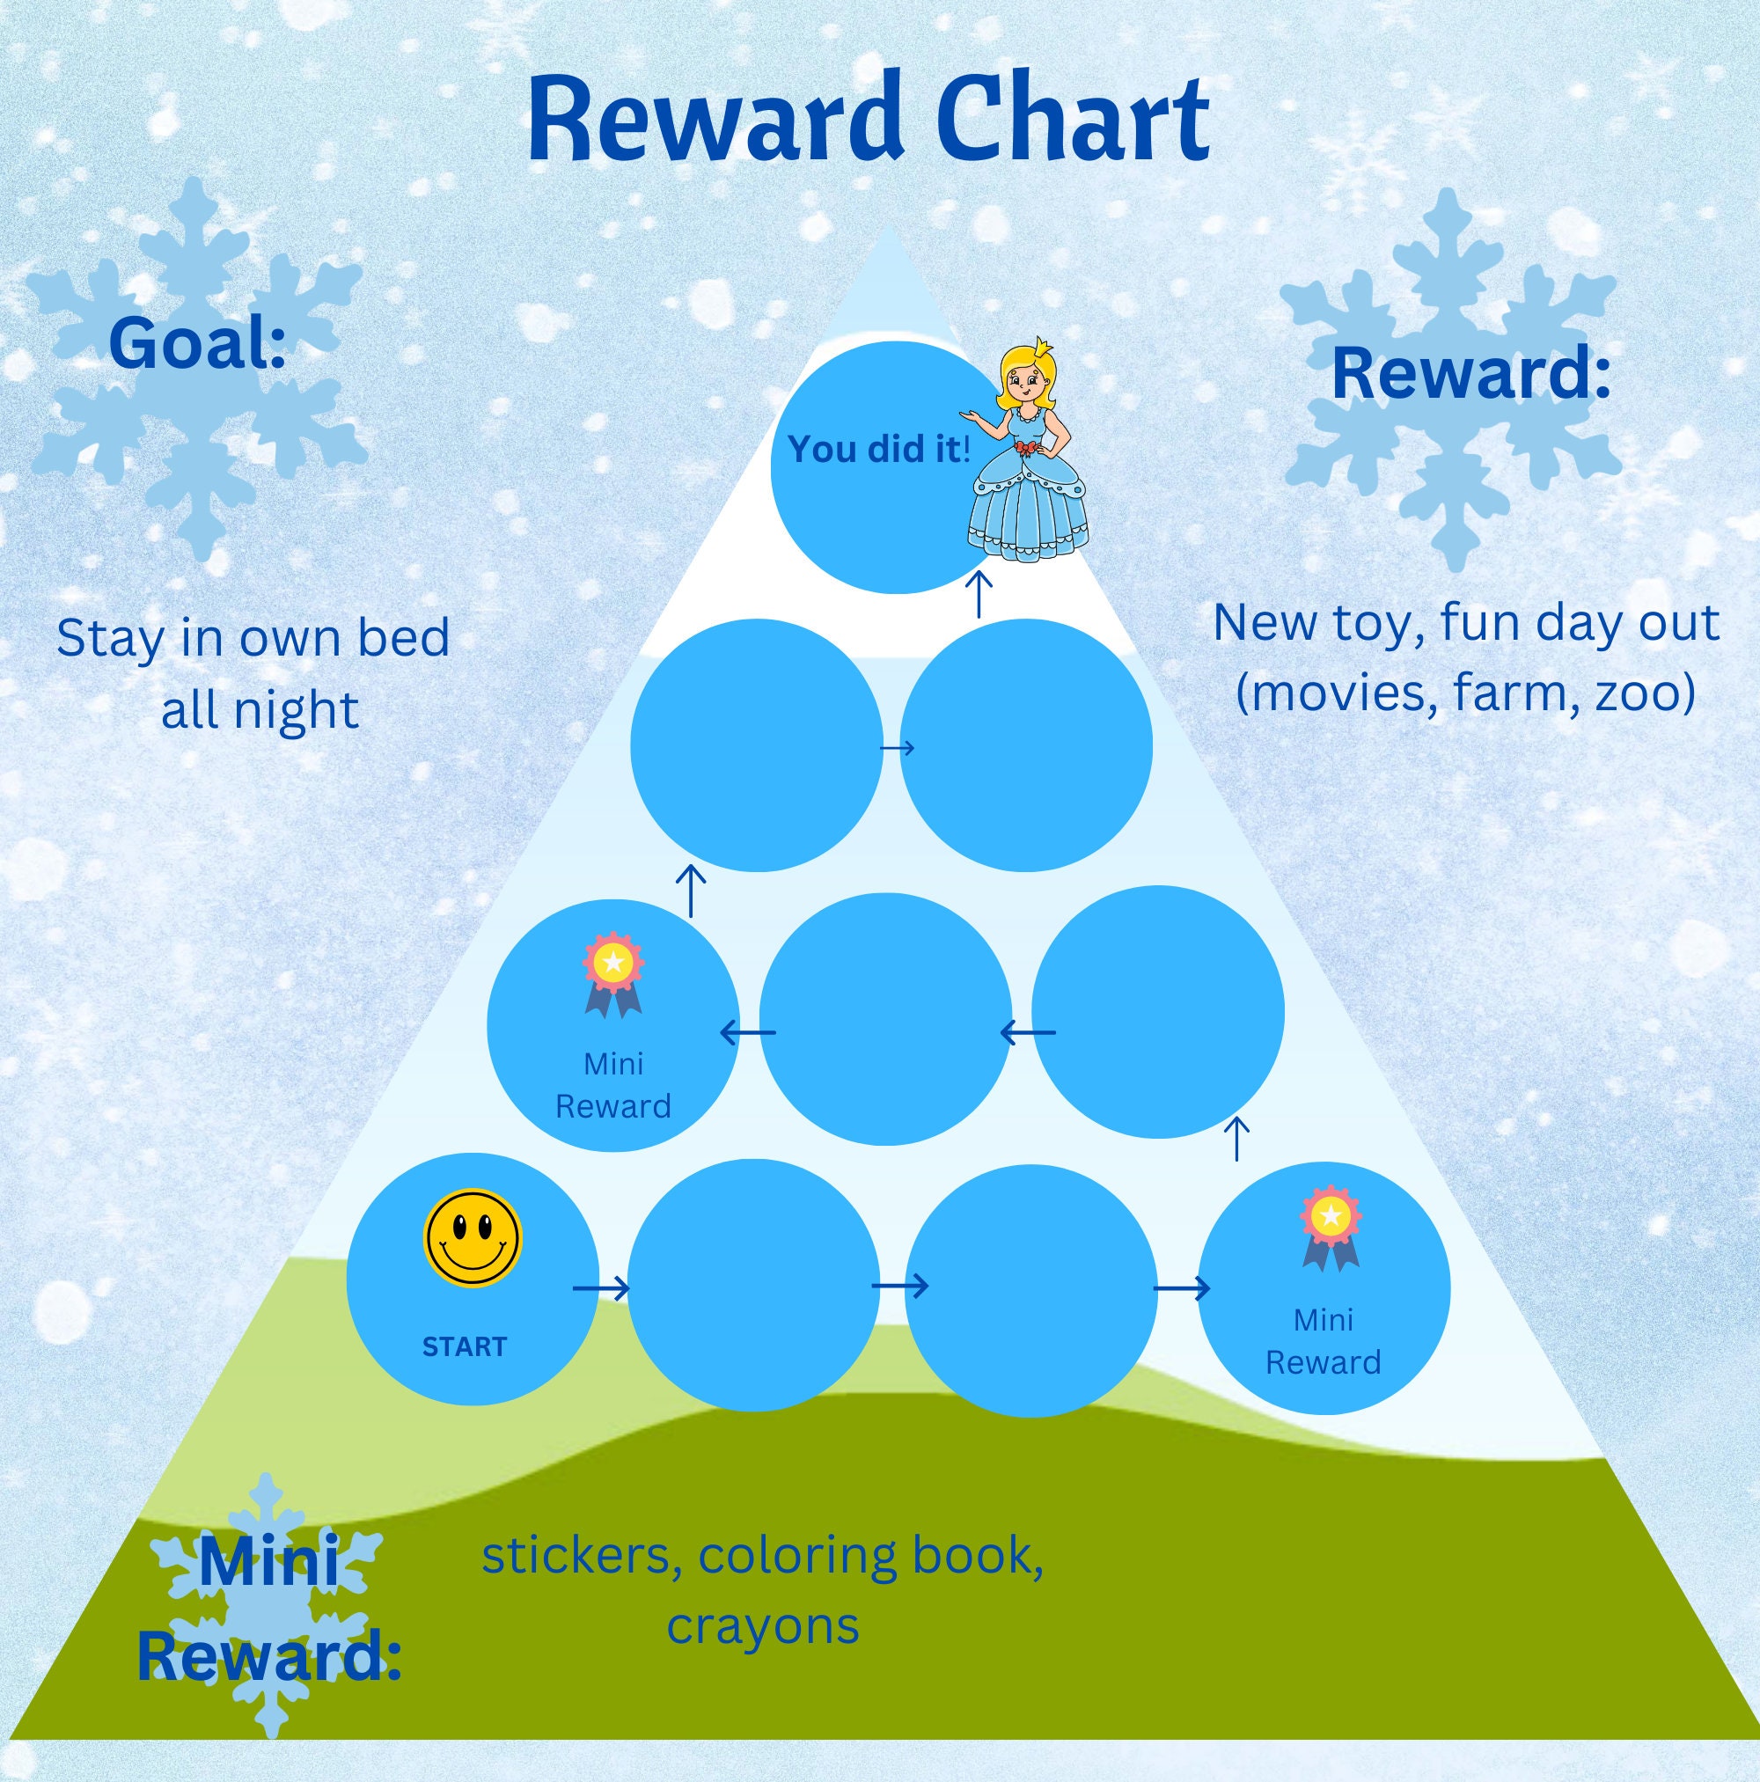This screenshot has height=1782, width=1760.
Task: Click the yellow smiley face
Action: tap(473, 1238)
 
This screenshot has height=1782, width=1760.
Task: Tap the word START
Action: tap(464, 1346)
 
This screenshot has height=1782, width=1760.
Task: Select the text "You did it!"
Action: tap(879, 449)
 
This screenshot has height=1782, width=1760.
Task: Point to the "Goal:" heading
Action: tap(197, 342)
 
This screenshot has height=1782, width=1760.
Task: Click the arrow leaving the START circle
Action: tap(600, 1287)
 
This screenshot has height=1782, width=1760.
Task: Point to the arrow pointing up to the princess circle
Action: tap(979, 595)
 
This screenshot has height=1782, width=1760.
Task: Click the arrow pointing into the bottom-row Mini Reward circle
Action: tap(1182, 1287)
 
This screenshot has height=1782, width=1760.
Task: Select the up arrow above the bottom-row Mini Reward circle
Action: tap(1237, 1140)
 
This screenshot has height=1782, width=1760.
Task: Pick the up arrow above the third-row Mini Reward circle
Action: tap(691, 889)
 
